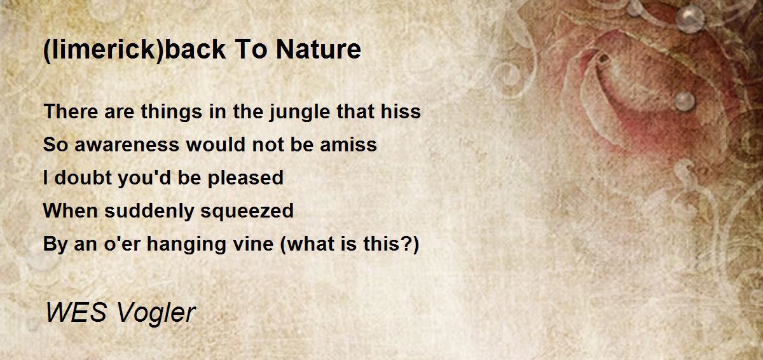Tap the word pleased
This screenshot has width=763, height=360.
point(245,178)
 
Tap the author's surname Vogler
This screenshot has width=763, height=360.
point(160,313)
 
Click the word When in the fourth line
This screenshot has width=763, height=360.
point(71,211)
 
